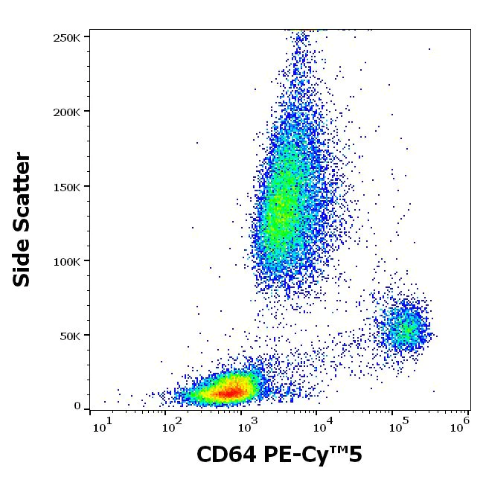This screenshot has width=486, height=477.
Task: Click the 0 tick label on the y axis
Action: point(77,406)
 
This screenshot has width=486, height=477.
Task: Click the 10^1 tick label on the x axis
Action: point(102,425)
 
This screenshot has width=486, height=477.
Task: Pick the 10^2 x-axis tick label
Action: point(172,425)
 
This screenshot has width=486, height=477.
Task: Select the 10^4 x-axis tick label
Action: point(322,425)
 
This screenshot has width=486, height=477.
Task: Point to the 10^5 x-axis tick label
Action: point(397,425)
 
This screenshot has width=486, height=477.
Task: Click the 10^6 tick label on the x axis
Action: point(462,425)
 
